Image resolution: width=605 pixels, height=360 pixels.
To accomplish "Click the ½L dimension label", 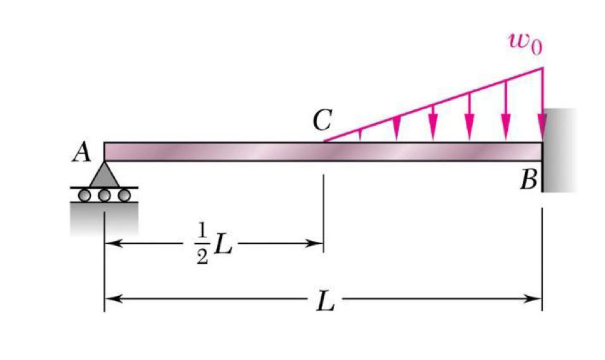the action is [213, 245].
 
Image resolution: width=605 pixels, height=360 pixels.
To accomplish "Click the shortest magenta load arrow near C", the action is [360, 135].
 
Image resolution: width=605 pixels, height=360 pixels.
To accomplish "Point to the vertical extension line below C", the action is [324, 213].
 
